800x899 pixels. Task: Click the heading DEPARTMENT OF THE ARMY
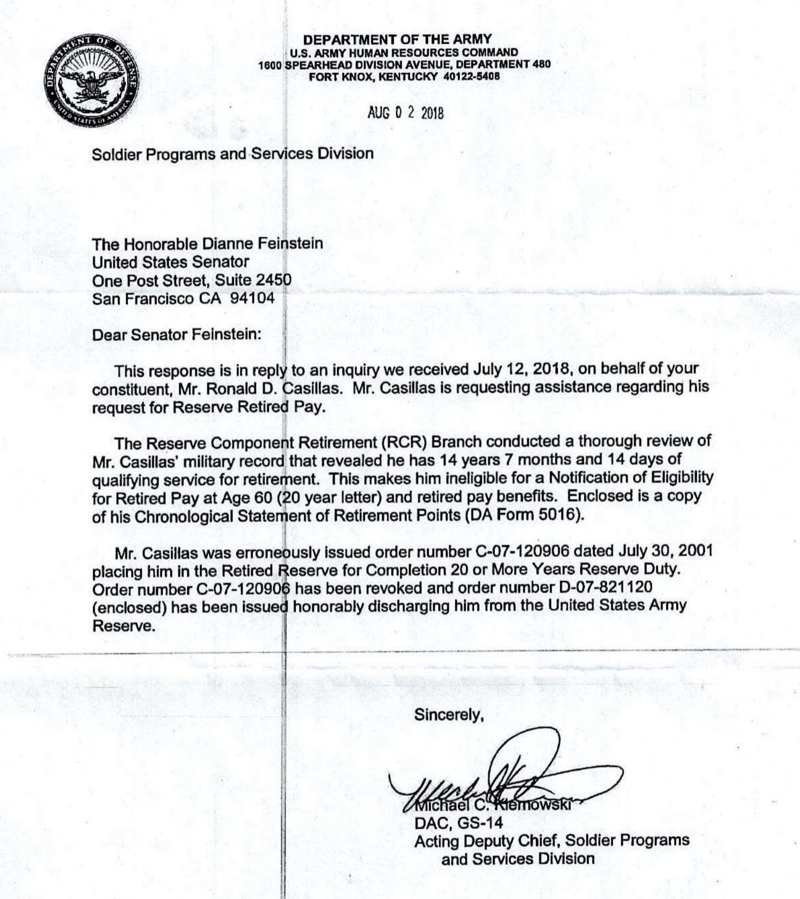tap(397, 39)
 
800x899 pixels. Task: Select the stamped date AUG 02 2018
tap(405, 113)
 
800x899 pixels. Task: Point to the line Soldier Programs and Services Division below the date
tap(232, 154)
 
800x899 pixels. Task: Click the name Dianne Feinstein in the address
tap(262, 244)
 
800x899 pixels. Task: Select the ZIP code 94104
tap(252, 298)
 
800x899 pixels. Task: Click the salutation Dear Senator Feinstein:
tap(177, 335)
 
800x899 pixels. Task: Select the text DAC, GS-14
tap(458, 822)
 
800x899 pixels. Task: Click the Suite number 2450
tap(274, 280)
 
